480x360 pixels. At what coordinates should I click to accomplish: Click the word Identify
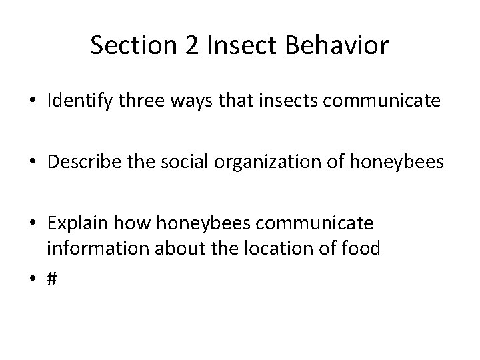[x=81, y=101]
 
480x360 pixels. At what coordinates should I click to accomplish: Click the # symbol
[x=52, y=280]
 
